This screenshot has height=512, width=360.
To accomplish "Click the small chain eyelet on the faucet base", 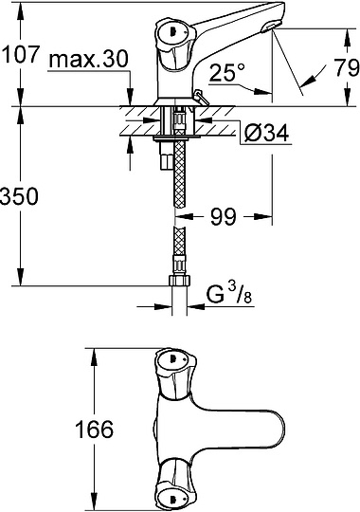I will (x=199, y=94).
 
